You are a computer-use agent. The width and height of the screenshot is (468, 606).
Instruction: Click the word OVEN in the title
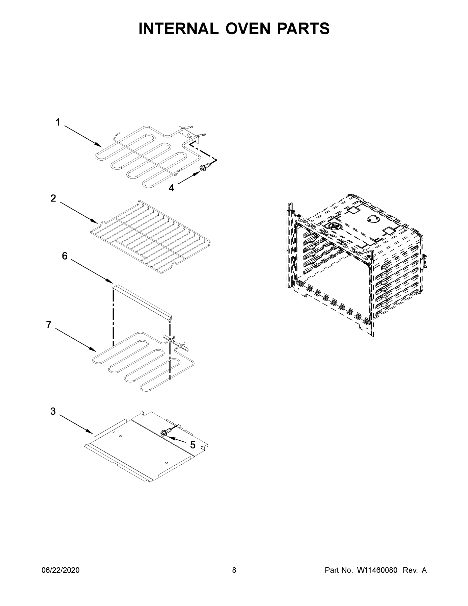click(x=247, y=29)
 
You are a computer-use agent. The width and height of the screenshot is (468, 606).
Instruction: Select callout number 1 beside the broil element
click(x=58, y=122)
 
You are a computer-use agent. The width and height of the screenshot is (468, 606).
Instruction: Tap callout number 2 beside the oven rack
click(x=53, y=198)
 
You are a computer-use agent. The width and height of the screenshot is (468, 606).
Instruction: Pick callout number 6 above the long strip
click(x=65, y=256)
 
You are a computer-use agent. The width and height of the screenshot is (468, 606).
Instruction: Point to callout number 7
click(x=49, y=325)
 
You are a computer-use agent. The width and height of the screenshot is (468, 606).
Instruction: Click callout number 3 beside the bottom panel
click(x=53, y=411)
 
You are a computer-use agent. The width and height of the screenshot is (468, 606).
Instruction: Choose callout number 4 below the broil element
click(x=171, y=188)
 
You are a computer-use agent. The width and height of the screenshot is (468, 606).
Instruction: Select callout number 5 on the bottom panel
click(x=193, y=445)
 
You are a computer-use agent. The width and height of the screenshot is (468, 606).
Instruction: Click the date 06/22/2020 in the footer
click(x=61, y=570)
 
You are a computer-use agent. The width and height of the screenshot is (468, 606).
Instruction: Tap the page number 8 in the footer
click(x=234, y=570)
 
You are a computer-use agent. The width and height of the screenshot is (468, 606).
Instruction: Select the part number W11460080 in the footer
click(x=377, y=570)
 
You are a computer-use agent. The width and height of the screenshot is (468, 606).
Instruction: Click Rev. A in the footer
click(x=415, y=570)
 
